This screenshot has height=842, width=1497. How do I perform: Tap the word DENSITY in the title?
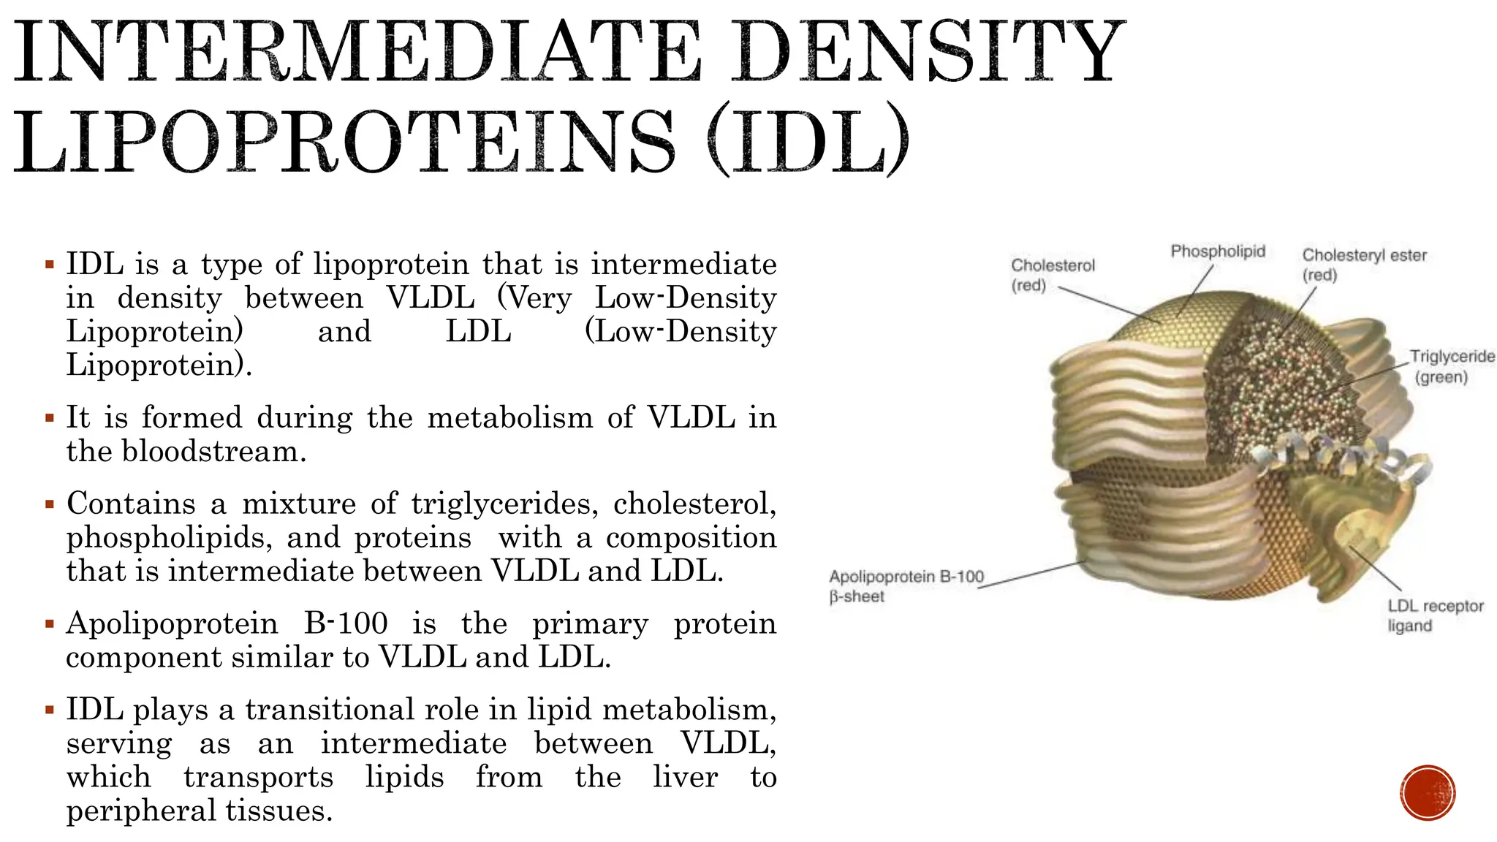(928, 53)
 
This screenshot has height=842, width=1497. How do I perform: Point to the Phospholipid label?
(1218, 251)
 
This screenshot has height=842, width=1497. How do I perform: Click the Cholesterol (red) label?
(1053, 275)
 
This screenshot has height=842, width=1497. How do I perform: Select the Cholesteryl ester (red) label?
(1364, 265)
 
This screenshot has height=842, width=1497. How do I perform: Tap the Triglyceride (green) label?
(1452, 366)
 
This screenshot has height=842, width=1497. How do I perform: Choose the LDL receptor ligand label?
(1435, 615)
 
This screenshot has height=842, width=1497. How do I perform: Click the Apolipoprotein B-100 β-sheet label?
(906, 586)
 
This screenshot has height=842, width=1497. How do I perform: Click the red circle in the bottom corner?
(1428, 793)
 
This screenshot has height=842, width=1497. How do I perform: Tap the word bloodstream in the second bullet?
(212, 451)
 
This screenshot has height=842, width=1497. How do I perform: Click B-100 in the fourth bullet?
(346, 623)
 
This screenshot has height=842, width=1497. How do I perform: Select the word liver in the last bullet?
(685, 777)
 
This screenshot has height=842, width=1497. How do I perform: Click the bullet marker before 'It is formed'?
(50, 419)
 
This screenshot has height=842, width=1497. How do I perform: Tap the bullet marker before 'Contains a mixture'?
(50, 504)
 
